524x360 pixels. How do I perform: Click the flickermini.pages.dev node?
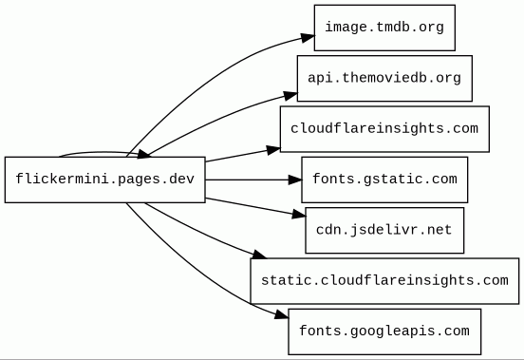coord(104,180)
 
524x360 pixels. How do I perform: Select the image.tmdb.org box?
coord(384,27)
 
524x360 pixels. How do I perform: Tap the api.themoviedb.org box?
coord(384,78)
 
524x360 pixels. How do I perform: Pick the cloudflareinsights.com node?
coord(384,128)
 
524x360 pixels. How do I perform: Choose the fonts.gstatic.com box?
coord(384,179)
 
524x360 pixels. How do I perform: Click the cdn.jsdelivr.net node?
coord(384,230)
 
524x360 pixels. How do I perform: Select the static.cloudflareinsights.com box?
coord(384,280)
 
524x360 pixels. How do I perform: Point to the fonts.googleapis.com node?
coord(384,332)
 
